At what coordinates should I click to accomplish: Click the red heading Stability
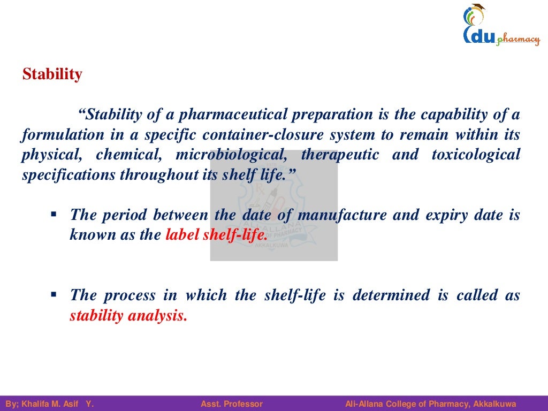click(x=52, y=74)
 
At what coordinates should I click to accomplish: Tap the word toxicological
click(x=476, y=155)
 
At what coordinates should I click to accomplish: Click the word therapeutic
click(x=340, y=155)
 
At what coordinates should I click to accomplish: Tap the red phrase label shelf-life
click(x=216, y=235)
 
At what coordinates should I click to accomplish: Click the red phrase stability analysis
click(x=128, y=316)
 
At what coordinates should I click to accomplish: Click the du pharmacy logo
click(x=500, y=26)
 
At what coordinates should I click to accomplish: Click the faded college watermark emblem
click(x=273, y=205)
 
